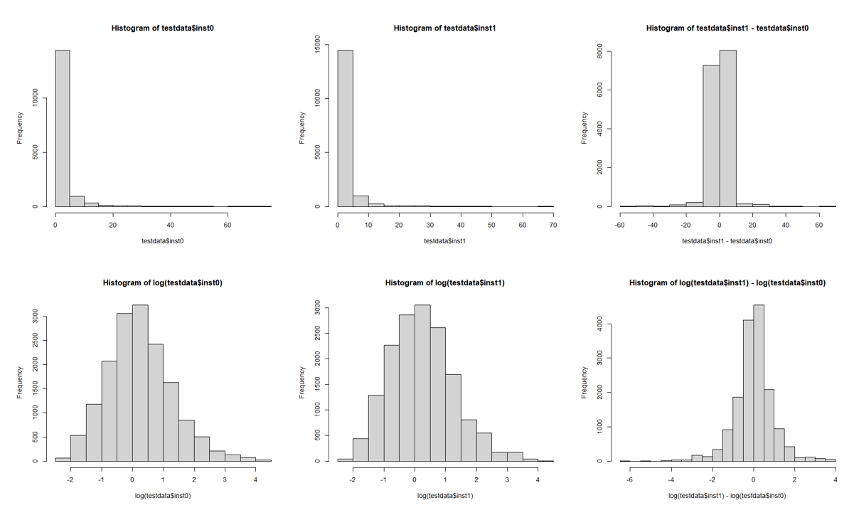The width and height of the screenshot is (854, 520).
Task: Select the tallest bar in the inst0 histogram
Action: tap(63, 128)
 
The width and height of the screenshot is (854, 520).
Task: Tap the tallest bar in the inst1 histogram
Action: tap(346, 128)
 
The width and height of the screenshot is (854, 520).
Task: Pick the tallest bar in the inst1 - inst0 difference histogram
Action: tap(727, 128)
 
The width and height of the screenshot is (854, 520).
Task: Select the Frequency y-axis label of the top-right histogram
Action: tap(585, 128)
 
